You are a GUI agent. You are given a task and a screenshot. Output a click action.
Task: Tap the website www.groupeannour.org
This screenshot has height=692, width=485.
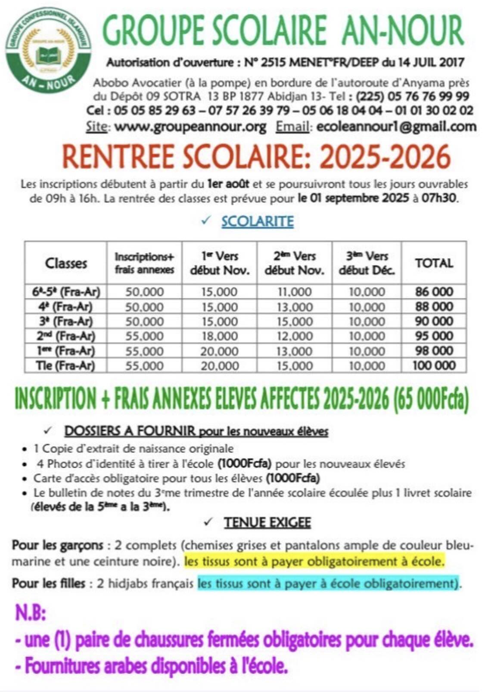[190, 127]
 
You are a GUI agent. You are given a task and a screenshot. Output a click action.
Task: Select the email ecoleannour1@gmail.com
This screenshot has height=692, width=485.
[396, 127]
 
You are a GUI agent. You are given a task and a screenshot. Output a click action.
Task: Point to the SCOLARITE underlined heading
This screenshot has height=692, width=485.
[257, 221]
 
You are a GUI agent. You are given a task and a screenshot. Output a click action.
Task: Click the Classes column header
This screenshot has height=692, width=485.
[66, 263]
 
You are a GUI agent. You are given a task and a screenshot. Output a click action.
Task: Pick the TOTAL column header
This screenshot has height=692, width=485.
[434, 263]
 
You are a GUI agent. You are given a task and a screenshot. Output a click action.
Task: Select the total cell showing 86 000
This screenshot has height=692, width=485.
[434, 292]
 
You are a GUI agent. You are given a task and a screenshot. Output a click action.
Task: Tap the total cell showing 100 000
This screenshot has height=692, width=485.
[434, 366]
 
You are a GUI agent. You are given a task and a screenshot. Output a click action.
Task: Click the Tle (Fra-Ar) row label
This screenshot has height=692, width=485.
[66, 366]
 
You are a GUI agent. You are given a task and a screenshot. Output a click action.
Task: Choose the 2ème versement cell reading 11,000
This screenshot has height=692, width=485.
[295, 292]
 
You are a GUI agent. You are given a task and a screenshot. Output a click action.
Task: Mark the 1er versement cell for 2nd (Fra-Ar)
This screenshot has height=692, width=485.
[219, 336]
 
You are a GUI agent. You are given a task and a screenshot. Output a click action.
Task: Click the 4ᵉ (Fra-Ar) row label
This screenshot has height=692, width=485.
[66, 307]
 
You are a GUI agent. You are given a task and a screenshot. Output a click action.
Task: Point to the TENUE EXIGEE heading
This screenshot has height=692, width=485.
[267, 523]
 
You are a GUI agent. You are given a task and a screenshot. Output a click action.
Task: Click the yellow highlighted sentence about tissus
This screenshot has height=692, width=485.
[314, 562]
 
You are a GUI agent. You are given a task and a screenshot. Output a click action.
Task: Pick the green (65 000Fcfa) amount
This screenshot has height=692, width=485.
[431, 399]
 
